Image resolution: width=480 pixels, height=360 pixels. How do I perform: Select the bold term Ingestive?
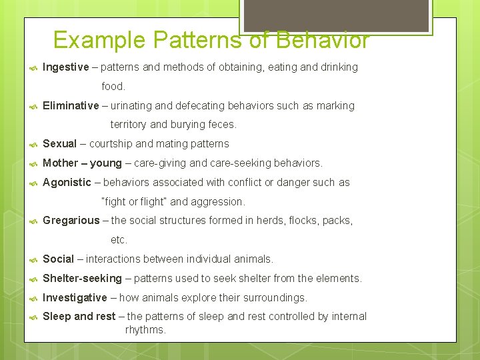tap(65, 67)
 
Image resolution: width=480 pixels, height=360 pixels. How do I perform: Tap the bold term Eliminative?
tap(71, 106)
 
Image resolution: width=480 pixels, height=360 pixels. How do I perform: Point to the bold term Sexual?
tap(59, 144)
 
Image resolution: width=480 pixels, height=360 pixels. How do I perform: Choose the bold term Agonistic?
tap(67, 183)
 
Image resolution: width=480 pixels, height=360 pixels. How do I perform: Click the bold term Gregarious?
tap(71, 221)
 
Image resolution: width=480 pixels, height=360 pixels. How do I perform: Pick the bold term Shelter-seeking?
tap(82, 279)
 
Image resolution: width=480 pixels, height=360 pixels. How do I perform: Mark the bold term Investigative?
tap(75, 298)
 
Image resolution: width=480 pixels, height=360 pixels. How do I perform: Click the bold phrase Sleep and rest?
tap(79, 317)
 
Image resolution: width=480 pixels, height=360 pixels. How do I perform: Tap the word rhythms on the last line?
tap(145, 330)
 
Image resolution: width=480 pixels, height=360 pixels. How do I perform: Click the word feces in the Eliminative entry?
tap(222, 125)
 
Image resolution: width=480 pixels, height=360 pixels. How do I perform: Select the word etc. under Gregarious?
tap(119, 240)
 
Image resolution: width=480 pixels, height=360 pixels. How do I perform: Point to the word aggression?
tap(219, 201)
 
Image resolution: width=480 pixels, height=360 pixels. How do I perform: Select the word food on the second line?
tap(113, 87)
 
